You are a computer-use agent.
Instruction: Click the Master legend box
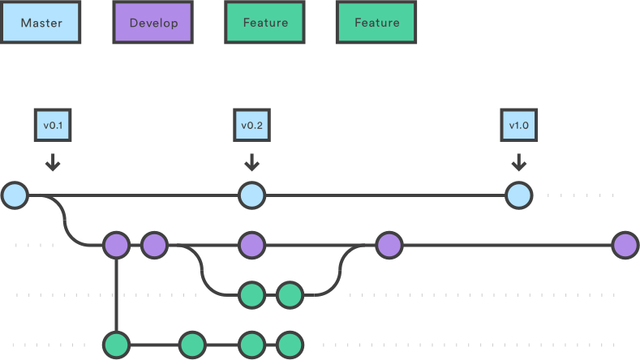41,23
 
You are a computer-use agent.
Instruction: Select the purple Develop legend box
152,23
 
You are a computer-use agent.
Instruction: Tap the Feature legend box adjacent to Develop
265,23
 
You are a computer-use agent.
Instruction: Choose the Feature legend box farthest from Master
377,23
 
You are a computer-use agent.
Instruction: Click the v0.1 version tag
53,126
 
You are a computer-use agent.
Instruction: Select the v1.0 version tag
519,126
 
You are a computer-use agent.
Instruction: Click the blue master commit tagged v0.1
15,195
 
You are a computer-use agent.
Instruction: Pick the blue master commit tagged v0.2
252,195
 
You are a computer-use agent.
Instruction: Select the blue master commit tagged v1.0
519,195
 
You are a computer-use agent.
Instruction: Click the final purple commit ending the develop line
625,245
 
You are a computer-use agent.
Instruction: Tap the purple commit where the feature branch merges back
389,245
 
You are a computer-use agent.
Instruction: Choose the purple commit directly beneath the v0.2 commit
252,245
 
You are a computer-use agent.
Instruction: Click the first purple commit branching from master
116,245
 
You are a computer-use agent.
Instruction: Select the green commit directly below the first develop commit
116,345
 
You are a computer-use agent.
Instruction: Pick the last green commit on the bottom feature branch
290,345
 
